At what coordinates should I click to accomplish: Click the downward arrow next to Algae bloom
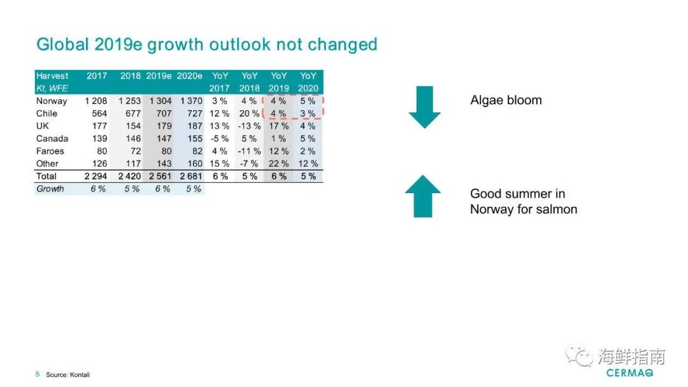click(x=424, y=107)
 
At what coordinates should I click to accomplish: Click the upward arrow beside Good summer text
click(x=422, y=196)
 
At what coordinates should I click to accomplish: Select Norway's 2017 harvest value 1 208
click(x=96, y=101)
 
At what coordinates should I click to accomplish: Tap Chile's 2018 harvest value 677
click(x=133, y=113)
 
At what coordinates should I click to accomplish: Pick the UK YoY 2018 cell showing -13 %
click(x=249, y=126)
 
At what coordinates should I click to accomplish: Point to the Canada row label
click(x=52, y=139)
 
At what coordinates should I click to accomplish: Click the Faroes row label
click(x=50, y=151)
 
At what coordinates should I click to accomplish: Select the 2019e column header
click(x=159, y=76)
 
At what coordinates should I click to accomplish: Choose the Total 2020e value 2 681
click(x=191, y=176)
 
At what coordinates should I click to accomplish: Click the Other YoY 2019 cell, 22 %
click(x=278, y=164)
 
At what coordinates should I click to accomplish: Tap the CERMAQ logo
click(x=629, y=373)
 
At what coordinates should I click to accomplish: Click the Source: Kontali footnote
click(x=68, y=375)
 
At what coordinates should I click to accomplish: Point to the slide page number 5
click(x=38, y=374)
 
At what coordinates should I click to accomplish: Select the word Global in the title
click(x=62, y=45)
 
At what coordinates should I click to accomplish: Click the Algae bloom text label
click(x=506, y=101)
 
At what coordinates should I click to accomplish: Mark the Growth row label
click(x=50, y=189)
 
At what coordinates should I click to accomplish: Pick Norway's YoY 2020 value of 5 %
click(x=308, y=101)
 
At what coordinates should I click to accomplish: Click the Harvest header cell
click(x=52, y=76)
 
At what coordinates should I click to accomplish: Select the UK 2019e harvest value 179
click(x=164, y=126)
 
